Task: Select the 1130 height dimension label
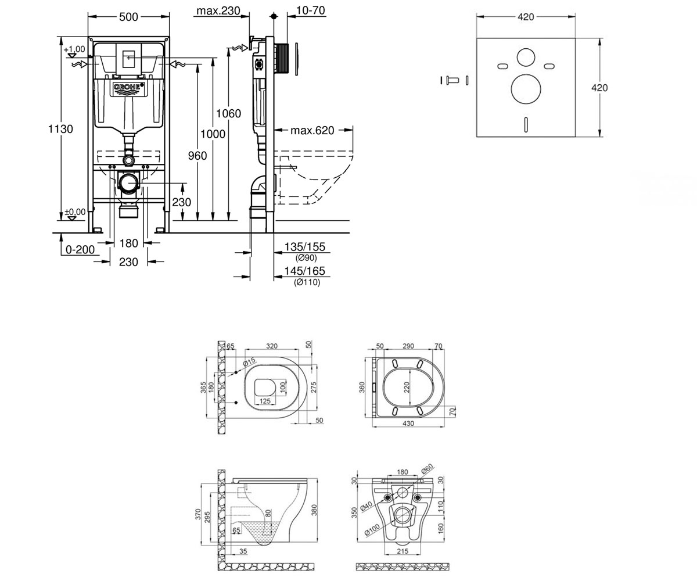pos(60,129)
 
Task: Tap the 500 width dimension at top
pos(128,17)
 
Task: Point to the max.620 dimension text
pos(312,130)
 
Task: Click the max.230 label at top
pos(218,10)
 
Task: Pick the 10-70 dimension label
pos(310,10)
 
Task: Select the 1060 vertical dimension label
pos(228,113)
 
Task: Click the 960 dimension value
pos(197,156)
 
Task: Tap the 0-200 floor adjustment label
pos(80,249)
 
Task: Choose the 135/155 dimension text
pos(304,247)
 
